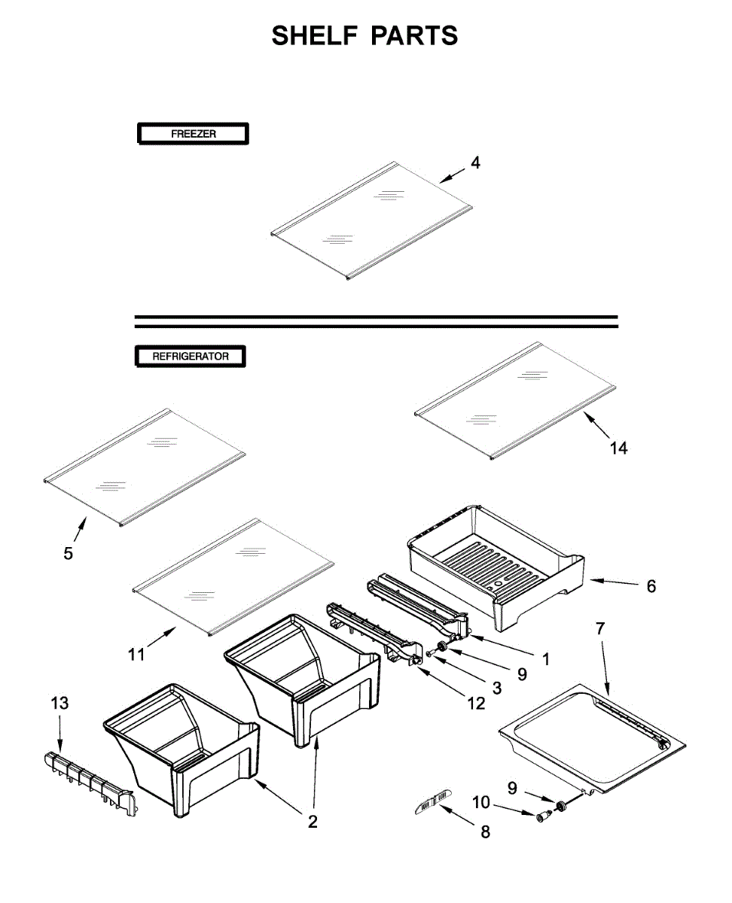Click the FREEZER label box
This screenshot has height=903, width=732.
[193, 134]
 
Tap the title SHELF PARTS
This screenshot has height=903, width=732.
[365, 35]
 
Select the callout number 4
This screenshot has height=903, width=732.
[475, 163]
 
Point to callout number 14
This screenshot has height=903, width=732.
[618, 448]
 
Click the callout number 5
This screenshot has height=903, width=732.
[69, 554]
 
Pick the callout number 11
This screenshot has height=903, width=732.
[136, 655]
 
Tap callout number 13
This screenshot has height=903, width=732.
[59, 703]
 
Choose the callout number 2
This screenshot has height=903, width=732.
[313, 822]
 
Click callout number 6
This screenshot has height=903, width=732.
[651, 585]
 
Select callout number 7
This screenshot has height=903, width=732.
[599, 629]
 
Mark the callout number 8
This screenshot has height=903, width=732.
[485, 832]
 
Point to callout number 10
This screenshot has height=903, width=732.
[481, 803]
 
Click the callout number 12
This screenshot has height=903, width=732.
[476, 704]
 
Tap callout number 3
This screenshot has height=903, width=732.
[496, 687]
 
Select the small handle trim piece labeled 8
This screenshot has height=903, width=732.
[432, 802]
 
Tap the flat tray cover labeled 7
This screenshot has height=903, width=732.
[595, 737]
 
